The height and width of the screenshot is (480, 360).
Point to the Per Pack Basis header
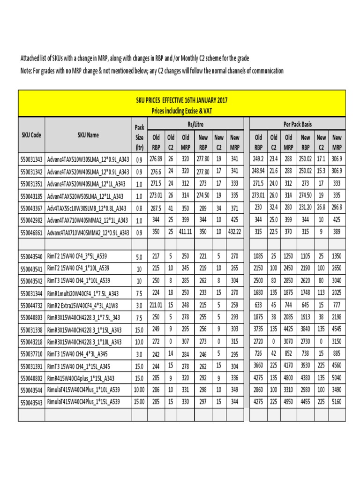[x=297, y=124]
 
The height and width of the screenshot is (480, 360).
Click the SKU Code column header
[x=31, y=135]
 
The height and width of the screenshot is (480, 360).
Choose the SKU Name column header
[x=88, y=135]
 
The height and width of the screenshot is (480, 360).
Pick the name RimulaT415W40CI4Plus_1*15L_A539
[x=83, y=402]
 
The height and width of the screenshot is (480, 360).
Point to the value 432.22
[x=234, y=232]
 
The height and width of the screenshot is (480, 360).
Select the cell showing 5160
[x=337, y=402]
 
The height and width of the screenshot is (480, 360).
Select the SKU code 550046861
[x=31, y=232]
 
